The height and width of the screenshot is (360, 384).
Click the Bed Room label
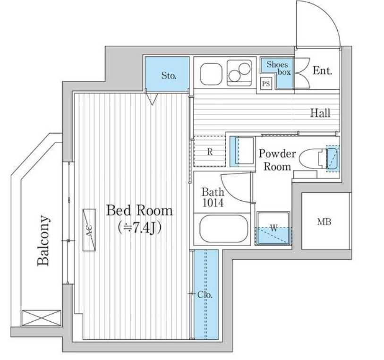click(139, 211)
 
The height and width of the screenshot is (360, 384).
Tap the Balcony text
click(43, 240)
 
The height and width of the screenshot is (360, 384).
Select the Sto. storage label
click(169, 76)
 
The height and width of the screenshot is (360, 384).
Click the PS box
click(266, 84)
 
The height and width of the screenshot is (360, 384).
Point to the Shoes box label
click(279, 68)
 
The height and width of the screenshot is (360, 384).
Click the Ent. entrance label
click(322, 70)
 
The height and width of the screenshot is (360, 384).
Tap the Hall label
click(320, 113)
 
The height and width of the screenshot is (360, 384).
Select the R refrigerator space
click(210, 152)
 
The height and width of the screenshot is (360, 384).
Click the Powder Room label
click(277, 160)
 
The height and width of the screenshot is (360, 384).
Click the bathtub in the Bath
click(223, 229)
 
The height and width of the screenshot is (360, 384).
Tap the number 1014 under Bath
click(213, 203)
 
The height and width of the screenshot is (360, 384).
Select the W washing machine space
click(273, 229)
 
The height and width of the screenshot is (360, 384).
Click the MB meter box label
click(324, 222)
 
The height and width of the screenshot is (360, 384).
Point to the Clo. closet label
click(205, 295)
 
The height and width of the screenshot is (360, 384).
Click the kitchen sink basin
click(211, 74)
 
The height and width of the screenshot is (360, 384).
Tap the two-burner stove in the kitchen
click(239, 73)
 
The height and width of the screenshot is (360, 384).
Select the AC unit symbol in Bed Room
click(89, 230)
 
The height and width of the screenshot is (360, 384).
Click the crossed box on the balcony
click(41, 318)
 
